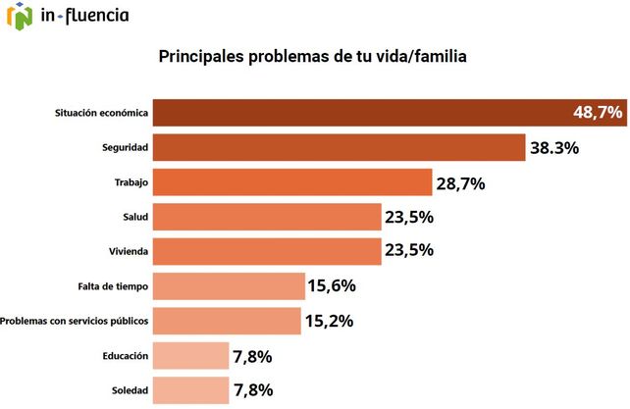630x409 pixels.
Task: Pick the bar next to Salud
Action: tap(268, 217)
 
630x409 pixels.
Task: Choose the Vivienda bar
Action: tap(268, 251)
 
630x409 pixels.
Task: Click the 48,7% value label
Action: tap(598, 113)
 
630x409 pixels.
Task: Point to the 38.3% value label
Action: tap(554, 148)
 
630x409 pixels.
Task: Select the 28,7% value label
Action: tap(461, 182)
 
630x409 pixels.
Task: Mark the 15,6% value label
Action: tap(331, 286)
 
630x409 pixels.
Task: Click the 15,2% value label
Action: tap(329, 321)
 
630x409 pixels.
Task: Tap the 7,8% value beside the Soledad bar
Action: tap(252, 389)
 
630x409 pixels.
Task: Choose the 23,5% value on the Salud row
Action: tap(409, 217)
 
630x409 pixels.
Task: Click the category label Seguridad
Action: tap(125, 148)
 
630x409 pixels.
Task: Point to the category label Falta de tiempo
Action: tap(113, 286)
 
